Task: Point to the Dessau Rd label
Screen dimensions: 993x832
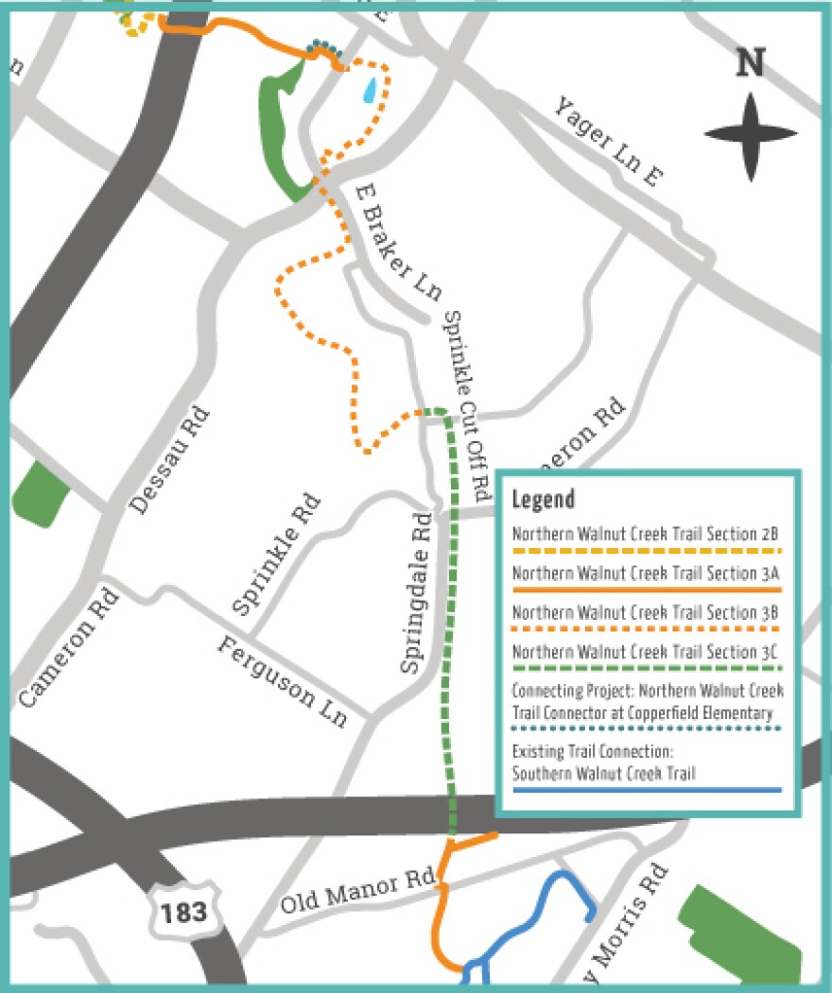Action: tap(171, 461)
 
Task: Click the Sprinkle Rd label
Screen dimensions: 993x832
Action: tap(277, 556)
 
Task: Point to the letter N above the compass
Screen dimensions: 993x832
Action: tap(750, 62)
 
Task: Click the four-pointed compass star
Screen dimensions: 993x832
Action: tap(751, 136)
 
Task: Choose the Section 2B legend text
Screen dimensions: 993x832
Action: tap(646, 535)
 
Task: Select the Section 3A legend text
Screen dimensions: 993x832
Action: tap(646, 574)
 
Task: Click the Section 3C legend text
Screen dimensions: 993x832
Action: tap(646, 651)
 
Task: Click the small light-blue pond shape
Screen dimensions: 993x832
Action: tap(371, 91)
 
